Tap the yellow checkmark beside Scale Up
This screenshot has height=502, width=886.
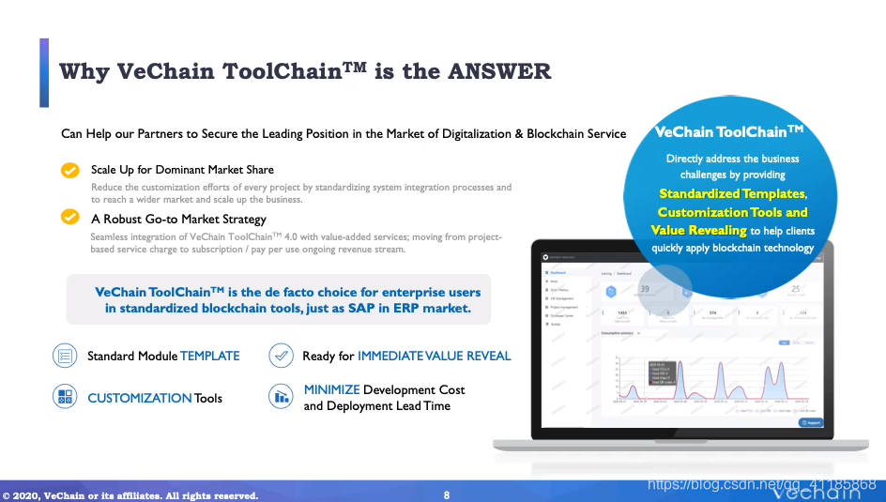coord(69,170)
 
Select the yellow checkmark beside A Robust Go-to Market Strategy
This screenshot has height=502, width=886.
coord(69,218)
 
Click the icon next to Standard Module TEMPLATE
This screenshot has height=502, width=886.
coord(65,356)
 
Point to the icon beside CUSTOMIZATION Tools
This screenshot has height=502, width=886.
coord(65,397)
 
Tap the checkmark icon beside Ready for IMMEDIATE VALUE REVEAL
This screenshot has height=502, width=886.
coord(281,356)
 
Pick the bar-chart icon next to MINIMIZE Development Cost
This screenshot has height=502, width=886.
coord(281,397)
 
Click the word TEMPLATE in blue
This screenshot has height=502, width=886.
coord(209,357)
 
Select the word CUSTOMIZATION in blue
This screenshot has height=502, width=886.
coord(139,398)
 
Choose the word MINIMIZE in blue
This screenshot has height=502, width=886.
coord(331,389)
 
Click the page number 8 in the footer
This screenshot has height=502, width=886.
coord(446,494)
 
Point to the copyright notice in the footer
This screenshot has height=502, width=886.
coord(130,495)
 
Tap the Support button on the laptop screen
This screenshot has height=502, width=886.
coord(811,423)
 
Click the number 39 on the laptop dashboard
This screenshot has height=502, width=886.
coord(644,290)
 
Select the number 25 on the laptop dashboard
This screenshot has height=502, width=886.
coord(796,290)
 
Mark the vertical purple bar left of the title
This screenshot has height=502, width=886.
coord(43,72)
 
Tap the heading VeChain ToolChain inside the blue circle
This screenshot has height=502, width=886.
coord(729,133)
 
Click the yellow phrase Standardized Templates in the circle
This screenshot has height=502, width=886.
coord(732,194)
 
